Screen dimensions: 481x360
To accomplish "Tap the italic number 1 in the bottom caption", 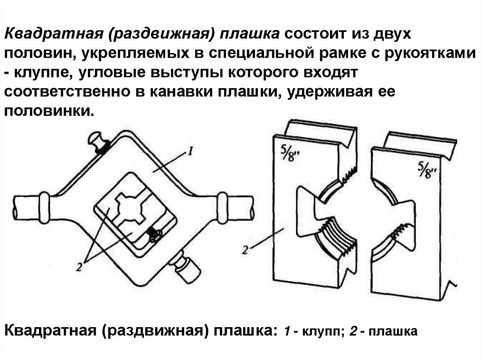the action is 287,331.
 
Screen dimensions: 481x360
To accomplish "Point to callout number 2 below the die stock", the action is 79,267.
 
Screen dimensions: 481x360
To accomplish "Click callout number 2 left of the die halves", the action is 245,250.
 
